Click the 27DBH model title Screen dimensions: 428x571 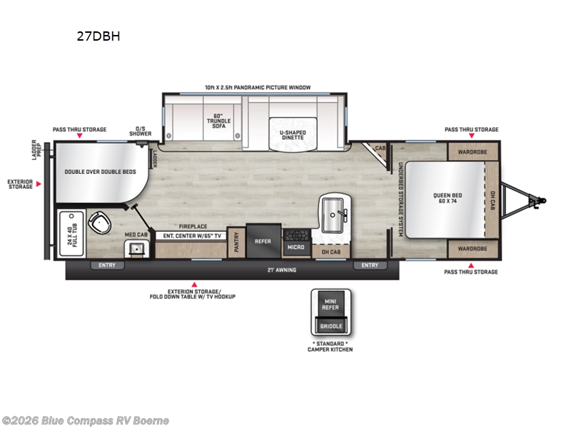pyautogui.click(x=98, y=38)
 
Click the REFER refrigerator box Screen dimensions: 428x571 pyautogui.click(x=263, y=241)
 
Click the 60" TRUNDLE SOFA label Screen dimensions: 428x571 pyautogui.click(x=218, y=121)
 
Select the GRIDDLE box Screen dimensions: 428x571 pyautogui.click(x=330, y=326)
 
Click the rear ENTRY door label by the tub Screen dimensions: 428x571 pyautogui.click(x=107, y=265)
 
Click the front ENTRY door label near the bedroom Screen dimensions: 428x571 pyautogui.click(x=370, y=265)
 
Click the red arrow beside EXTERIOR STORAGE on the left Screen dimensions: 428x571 pyautogui.click(x=40, y=185)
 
